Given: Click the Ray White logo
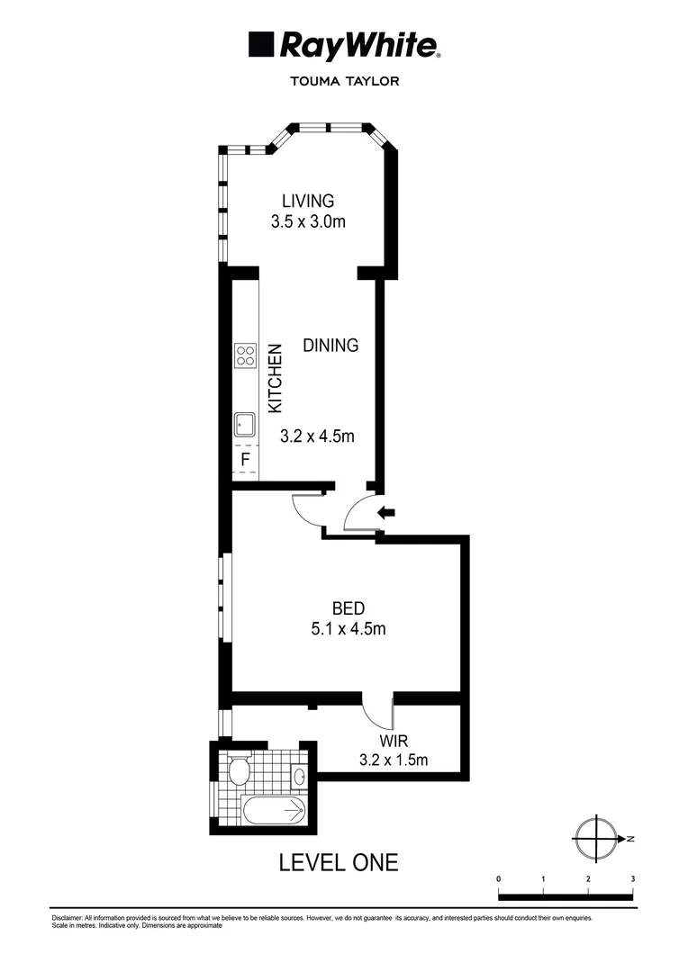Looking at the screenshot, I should (343, 45).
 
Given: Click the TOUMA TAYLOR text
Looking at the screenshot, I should (343, 80).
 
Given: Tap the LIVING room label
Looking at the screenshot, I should (307, 201).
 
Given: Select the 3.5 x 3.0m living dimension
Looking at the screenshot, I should (307, 221).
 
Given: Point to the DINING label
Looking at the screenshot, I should (330, 345).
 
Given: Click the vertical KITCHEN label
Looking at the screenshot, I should (277, 379).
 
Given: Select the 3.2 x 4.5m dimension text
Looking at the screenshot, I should (317, 437).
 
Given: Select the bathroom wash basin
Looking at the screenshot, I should (301, 774).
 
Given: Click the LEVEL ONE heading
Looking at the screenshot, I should (339, 862).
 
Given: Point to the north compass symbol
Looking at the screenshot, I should (595, 839).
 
